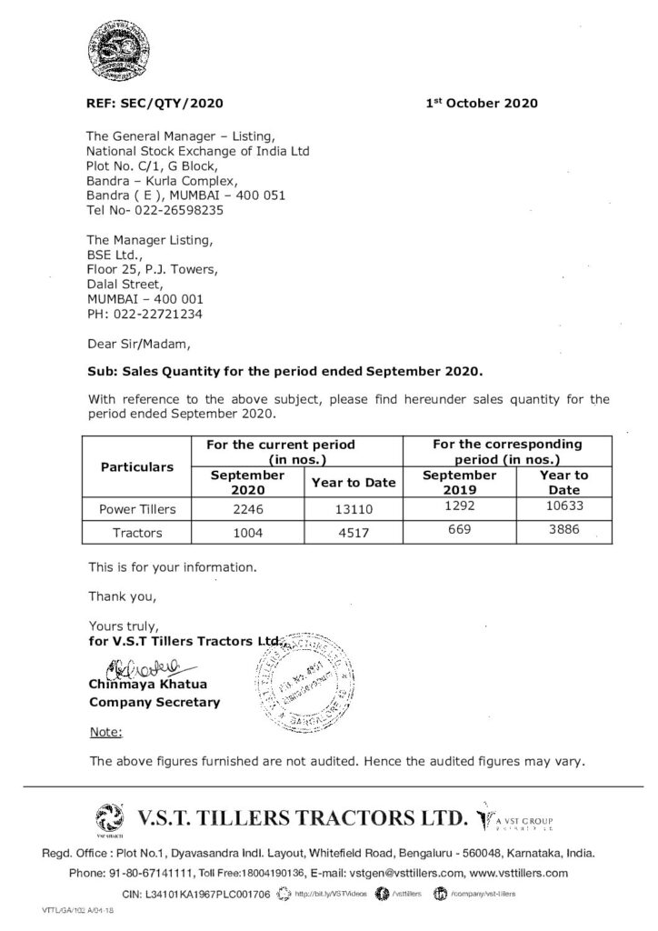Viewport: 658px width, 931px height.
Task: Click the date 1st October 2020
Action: tap(482, 103)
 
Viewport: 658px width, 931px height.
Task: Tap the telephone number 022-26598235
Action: tap(166, 209)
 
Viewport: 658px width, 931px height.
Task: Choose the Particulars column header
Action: tap(136, 466)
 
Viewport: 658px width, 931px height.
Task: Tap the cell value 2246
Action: tap(248, 510)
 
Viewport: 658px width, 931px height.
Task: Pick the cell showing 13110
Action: tap(354, 510)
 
